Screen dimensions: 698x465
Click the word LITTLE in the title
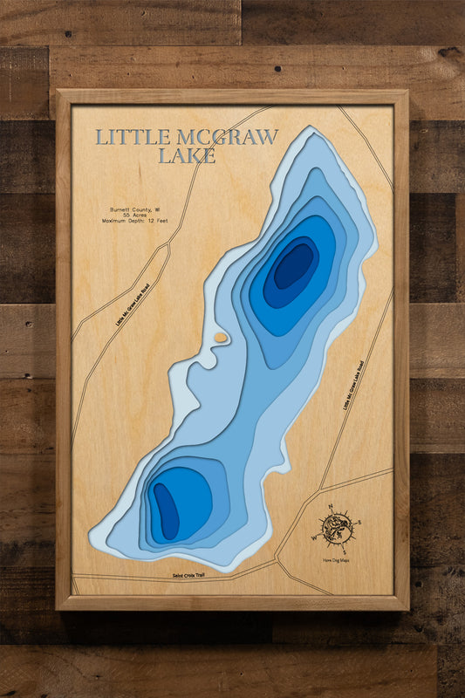pyautogui.click(x=122, y=138)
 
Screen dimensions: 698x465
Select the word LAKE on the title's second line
pyautogui.click(x=187, y=157)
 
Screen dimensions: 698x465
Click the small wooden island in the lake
pyautogui.click(x=221, y=337)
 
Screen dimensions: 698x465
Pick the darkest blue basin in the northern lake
pyautogui.click(x=294, y=265)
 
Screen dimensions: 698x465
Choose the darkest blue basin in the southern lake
pyautogui.click(x=165, y=510)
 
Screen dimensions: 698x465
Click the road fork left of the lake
pyautogui.click(x=163, y=245)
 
